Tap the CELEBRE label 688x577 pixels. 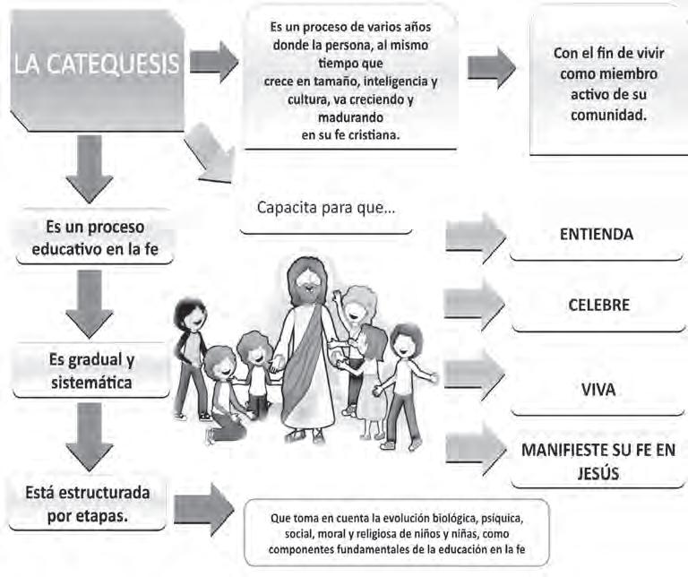click(598, 305)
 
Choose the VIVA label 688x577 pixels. click(597, 391)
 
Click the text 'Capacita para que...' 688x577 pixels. click(327, 208)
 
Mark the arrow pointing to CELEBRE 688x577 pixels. click(475, 305)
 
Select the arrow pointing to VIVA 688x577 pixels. click(475, 374)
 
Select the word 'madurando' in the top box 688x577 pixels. click(350, 117)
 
